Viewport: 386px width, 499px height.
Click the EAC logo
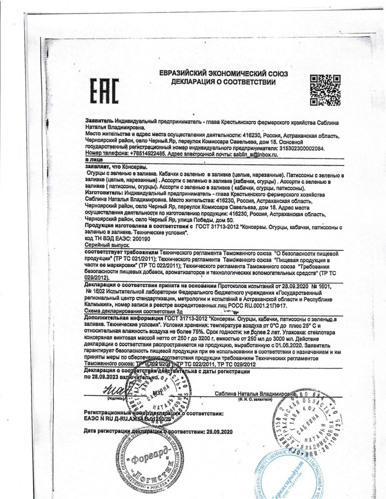point(104,92)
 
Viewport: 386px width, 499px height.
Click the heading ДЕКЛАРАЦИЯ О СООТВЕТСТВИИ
point(223,82)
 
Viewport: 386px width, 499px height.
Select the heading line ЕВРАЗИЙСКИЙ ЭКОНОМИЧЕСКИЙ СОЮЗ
point(223,73)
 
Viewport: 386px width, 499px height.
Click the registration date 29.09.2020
point(219,432)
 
